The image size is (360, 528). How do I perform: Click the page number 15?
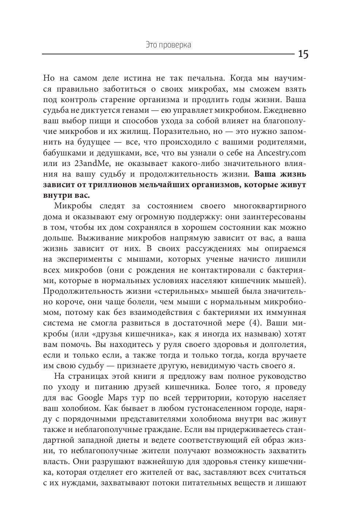tap(303, 54)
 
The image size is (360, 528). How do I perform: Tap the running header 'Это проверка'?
tap(168, 45)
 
